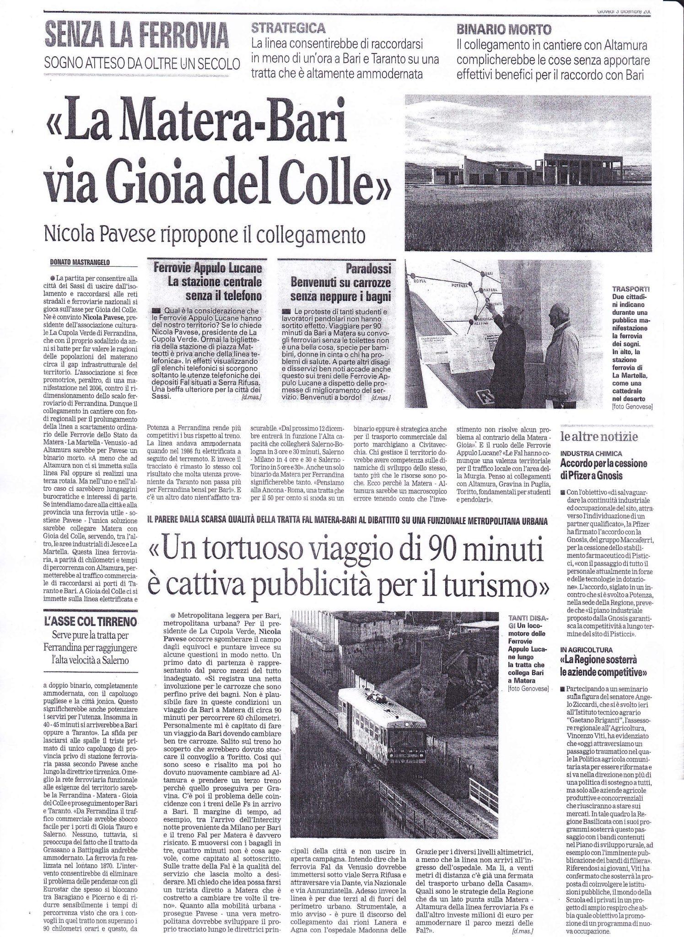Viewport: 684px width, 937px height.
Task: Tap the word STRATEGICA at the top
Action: [289, 29]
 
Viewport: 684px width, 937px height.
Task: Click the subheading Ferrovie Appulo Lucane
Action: [208, 268]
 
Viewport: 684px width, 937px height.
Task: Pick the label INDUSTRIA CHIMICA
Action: [590, 453]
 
